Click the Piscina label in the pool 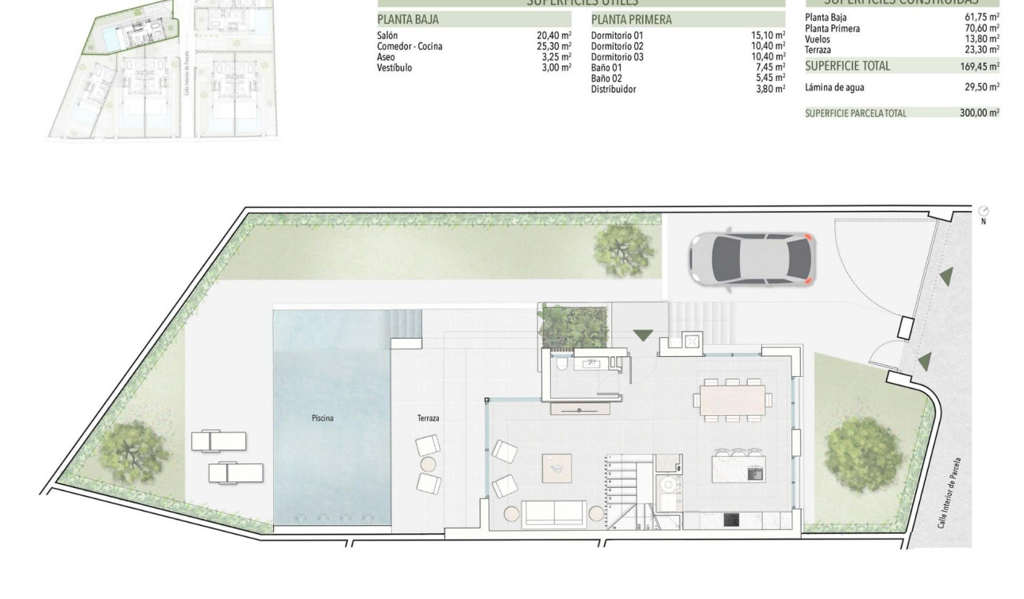pos(322,417)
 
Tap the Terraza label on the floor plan pos(428,418)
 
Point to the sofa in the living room pos(554,515)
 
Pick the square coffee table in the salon pos(558,467)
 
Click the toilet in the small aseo pos(562,364)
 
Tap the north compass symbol pos(984,212)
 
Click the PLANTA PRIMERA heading pos(631,20)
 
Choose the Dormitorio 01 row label pos(617,36)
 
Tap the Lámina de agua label pos(836,87)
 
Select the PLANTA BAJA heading pos(408,20)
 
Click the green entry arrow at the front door pos(643,336)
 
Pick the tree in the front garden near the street pos(863,454)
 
